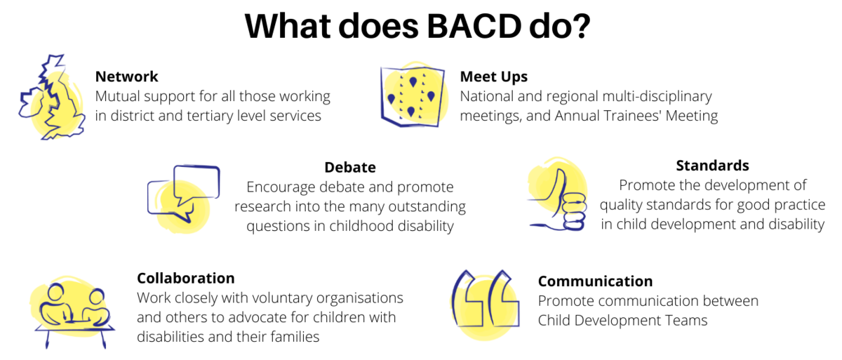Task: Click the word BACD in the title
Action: pyautogui.click(x=474, y=26)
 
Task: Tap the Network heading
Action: pyautogui.click(x=127, y=76)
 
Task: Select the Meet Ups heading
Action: pyautogui.click(x=494, y=77)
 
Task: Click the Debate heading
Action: pyautogui.click(x=350, y=168)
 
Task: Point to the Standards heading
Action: pyautogui.click(x=712, y=166)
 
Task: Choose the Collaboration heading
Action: pyautogui.click(x=186, y=279)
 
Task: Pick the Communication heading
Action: pyautogui.click(x=595, y=281)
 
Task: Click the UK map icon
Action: pyautogui.click(x=52, y=97)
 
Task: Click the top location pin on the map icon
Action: pyautogui.click(x=413, y=82)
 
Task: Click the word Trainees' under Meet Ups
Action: pyautogui.click(x=623, y=116)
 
